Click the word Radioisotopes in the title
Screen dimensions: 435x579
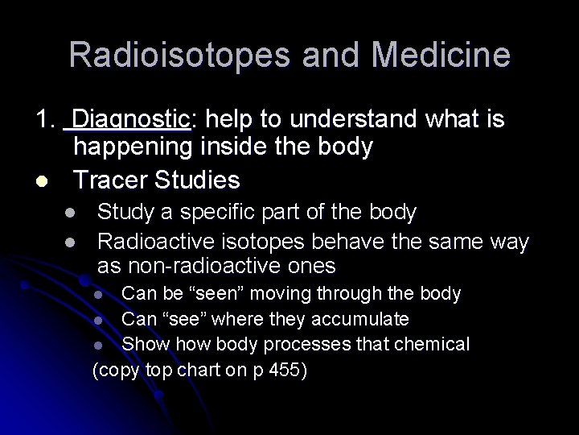pos(164,56)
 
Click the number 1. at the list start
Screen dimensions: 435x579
pos(44,120)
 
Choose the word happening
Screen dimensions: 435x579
pos(134,147)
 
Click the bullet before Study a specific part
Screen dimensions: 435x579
pos(70,213)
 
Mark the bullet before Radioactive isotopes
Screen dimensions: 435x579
pos(70,241)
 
